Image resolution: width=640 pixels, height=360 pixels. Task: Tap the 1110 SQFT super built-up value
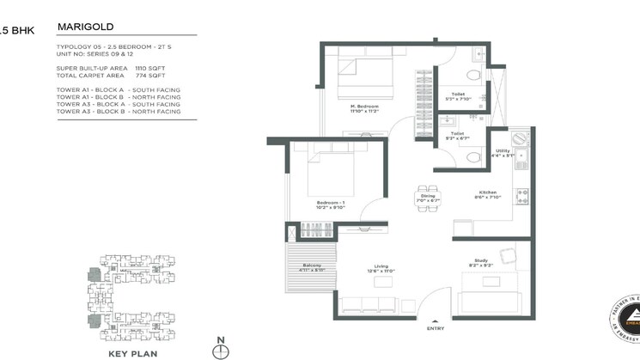pyautogui.click(x=151, y=67)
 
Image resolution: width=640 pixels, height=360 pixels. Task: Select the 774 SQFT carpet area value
pyautogui.click(x=149, y=75)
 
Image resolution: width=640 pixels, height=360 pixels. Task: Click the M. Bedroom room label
pyautogui.click(x=370, y=107)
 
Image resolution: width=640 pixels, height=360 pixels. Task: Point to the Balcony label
pyautogui.click(x=312, y=266)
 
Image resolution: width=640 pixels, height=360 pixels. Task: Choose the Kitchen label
pyautogui.click(x=489, y=192)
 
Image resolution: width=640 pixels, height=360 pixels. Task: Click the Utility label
pyautogui.click(x=504, y=151)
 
